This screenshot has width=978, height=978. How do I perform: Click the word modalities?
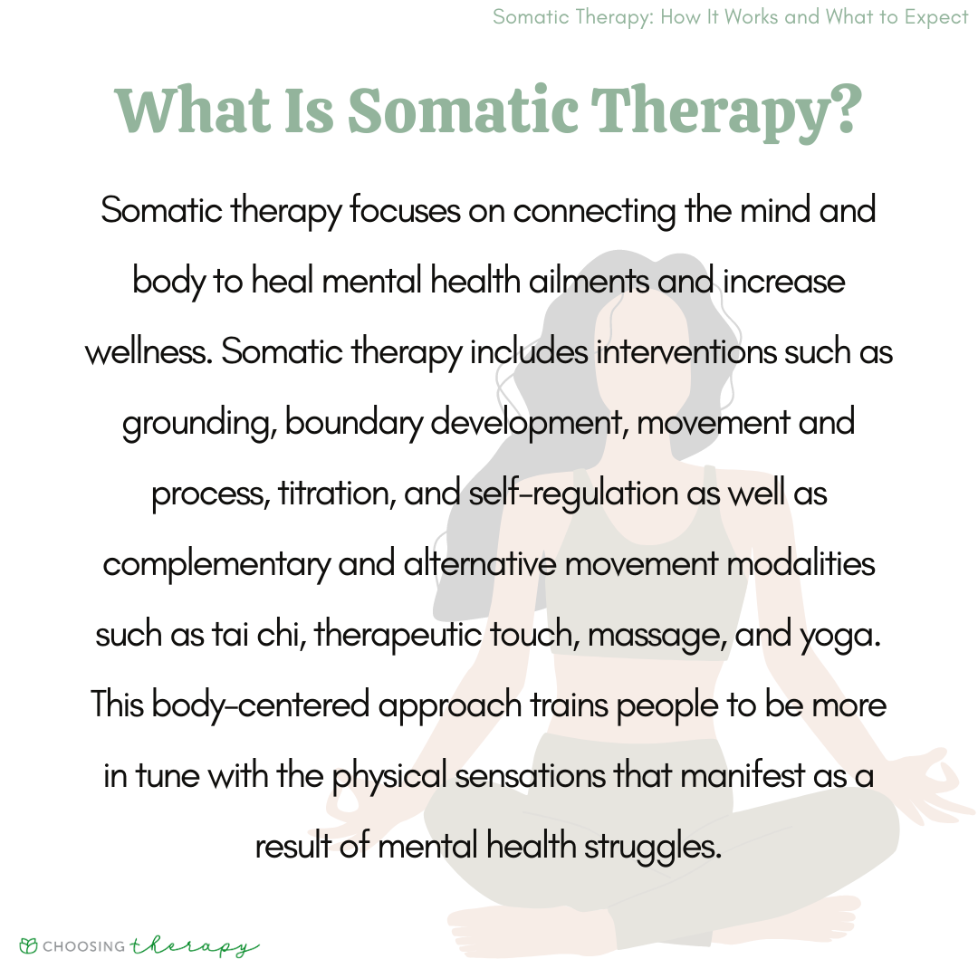tap(804, 564)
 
